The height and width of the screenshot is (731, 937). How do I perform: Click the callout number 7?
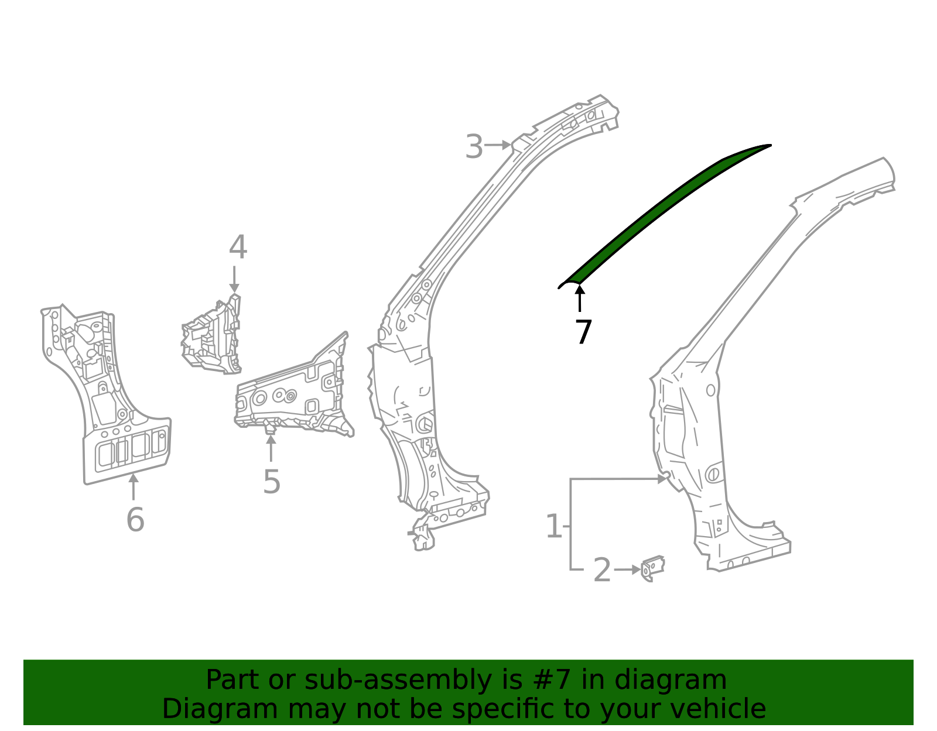click(583, 332)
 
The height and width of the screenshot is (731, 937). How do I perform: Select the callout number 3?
click(474, 146)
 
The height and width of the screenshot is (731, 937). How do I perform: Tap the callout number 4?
click(237, 248)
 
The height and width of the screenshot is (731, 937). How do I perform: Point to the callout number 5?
click(271, 482)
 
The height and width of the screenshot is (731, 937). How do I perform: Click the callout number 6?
click(135, 520)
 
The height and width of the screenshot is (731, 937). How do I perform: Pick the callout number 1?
click(553, 527)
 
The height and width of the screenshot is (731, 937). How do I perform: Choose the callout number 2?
click(601, 571)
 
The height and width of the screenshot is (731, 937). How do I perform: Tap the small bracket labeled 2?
click(652, 568)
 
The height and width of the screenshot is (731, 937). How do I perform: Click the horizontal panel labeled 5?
click(293, 398)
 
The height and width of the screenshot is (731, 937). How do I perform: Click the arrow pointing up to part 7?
click(580, 298)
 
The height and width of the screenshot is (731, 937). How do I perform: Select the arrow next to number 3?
click(498, 145)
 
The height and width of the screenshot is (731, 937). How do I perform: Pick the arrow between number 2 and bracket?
click(628, 569)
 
